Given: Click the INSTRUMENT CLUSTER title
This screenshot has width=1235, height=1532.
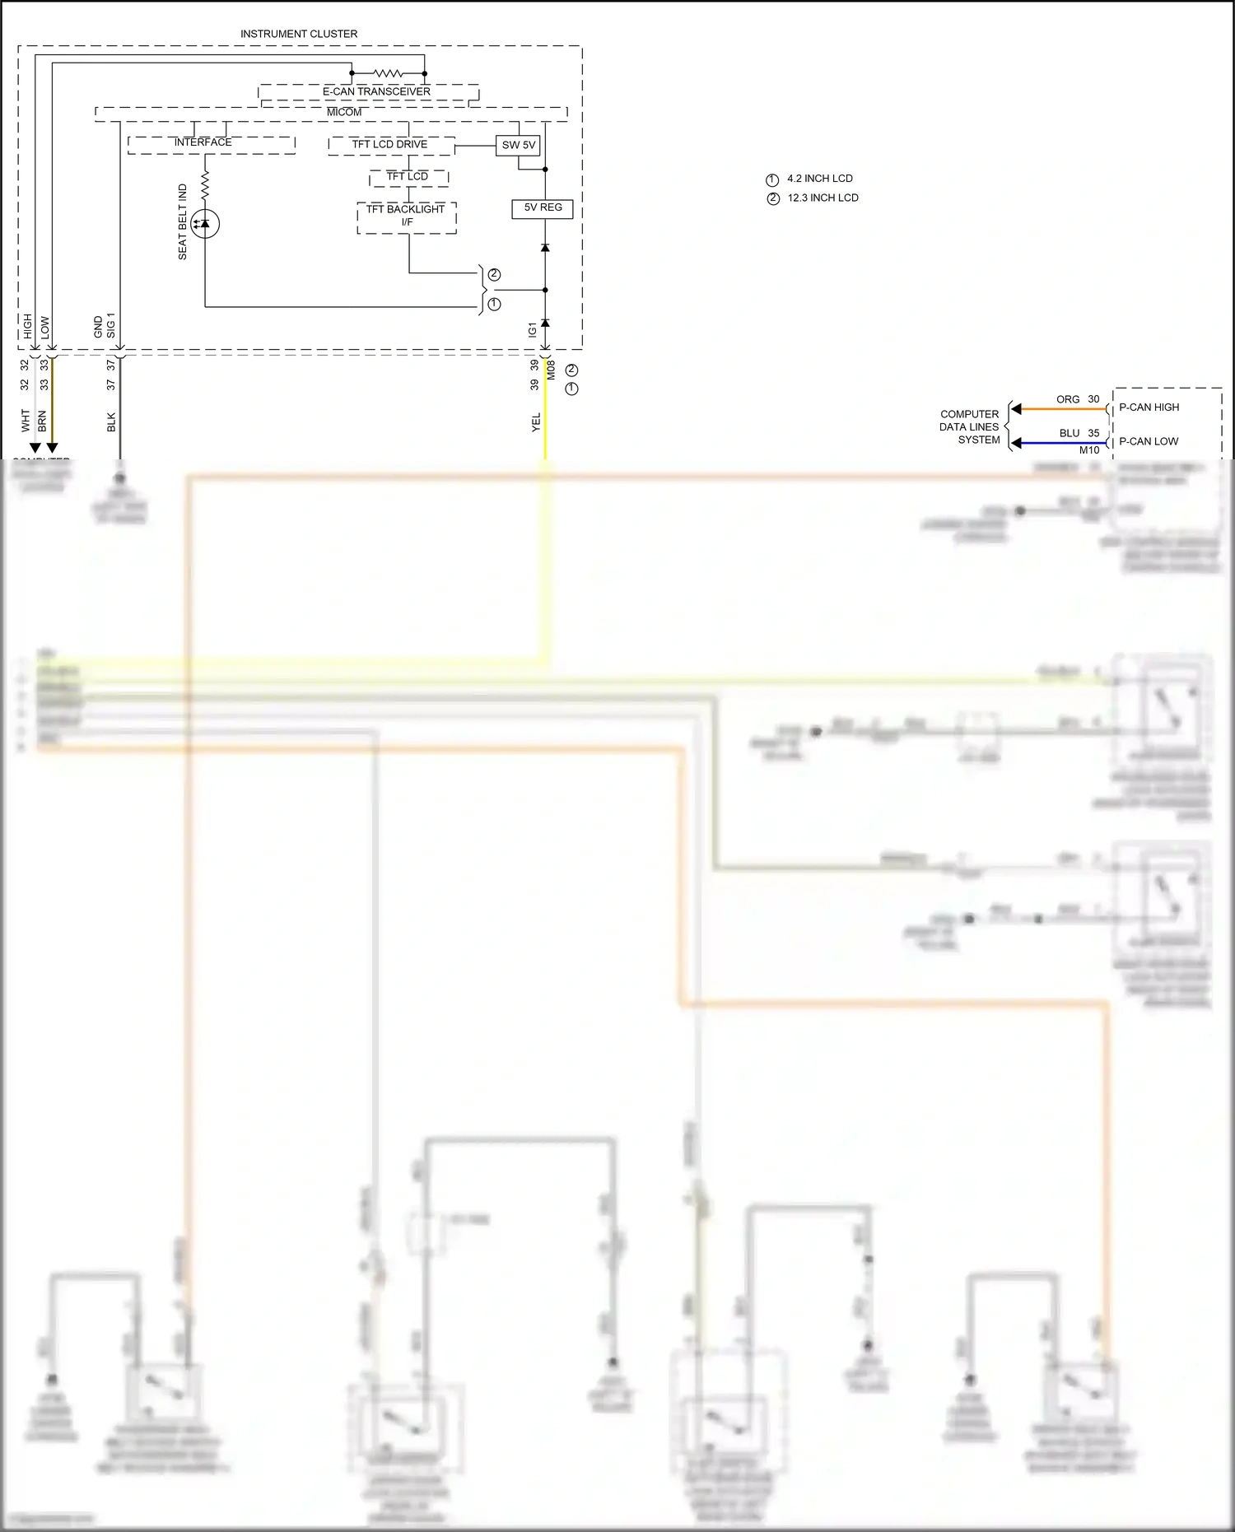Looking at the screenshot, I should pyautogui.click(x=299, y=34).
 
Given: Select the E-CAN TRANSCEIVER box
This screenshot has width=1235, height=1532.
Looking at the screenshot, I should pyautogui.click(x=376, y=92).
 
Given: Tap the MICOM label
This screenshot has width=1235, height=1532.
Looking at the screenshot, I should pyautogui.click(x=344, y=112).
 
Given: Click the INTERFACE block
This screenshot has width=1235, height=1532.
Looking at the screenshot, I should pyautogui.click(x=203, y=143).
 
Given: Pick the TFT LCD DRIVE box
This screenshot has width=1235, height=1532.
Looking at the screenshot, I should pyautogui.click(x=390, y=145).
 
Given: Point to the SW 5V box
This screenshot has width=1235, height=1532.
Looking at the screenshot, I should pyautogui.click(x=519, y=145).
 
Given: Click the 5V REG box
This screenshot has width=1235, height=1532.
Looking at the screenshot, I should pyautogui.click(x=543, y=207).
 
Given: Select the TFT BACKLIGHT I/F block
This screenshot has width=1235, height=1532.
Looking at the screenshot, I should pyautogui.click(x=406, y=216).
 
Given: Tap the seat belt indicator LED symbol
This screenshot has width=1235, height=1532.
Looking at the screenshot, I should pyautogui.click(x=205, y=224).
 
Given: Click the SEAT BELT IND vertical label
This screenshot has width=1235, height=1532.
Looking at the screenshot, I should pyautogui.click(x=183, y=222).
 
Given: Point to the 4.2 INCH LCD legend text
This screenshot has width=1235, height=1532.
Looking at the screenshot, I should pyautogui.click(x=820, y=179).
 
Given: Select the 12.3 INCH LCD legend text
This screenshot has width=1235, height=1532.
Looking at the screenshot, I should pyautogui.click(x=823, y=198).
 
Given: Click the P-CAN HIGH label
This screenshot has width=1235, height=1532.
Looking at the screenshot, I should pyautogui.click(x=1149, y=407).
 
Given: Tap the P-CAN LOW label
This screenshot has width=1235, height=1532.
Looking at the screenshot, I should pyautogui.click(x=1149, y=441).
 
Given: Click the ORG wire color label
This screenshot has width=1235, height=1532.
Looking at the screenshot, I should pyautogui.click(x=1068, y=399).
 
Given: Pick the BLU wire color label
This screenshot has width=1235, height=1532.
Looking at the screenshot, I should pyautogui.click(x=1070, y=433).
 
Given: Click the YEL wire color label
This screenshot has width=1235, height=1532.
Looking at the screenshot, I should pyautogui.click(x=536, y=422).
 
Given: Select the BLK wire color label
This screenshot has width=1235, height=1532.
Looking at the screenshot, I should pyautogui.click(x=111, y=422).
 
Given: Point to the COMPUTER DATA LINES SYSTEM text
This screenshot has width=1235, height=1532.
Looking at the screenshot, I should pyautogui.click(x=970, y=426).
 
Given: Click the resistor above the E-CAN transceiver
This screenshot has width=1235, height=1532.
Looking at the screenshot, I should pyautogui.click(x=387, y=73).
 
